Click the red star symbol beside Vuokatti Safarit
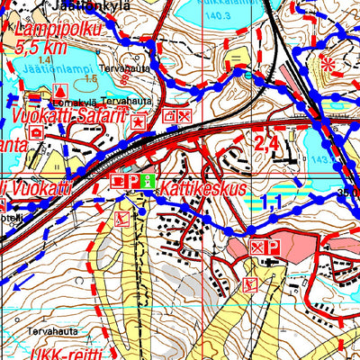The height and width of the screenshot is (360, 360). coord(138,120)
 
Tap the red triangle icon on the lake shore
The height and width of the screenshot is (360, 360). coord(59,91)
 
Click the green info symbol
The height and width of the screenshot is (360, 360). coord(148,181)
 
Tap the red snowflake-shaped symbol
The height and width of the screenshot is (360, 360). coord(328,64)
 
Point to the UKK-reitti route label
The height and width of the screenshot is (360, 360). coord(64,352)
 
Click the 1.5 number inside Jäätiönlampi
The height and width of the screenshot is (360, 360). coord(90,79)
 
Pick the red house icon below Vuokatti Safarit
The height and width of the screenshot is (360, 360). coord(36,131)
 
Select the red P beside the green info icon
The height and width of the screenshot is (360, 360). coord(131,182)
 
